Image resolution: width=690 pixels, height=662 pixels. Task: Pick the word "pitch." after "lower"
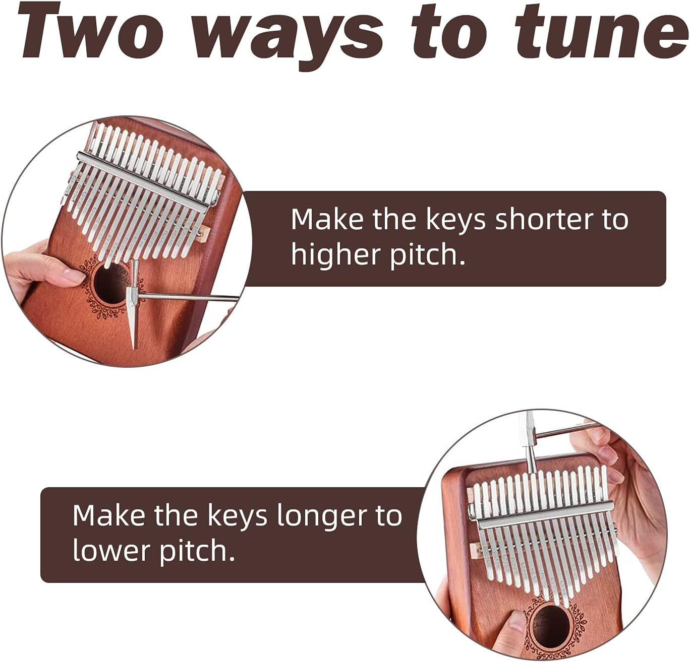(198, 551)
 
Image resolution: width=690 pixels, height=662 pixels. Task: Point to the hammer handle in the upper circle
(192, 297)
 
